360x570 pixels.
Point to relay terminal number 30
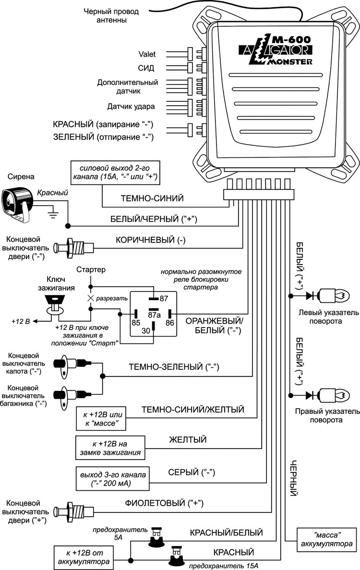click(x=146, y=330)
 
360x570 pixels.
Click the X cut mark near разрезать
click(x=90, y=298)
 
